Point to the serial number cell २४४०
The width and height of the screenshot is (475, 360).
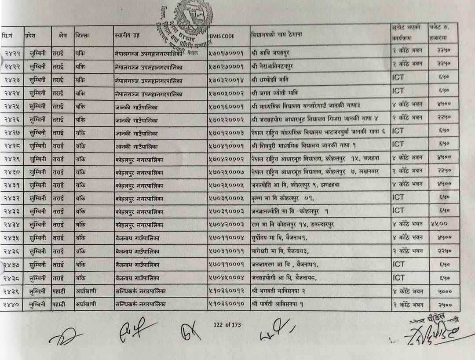tap(12, 304)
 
